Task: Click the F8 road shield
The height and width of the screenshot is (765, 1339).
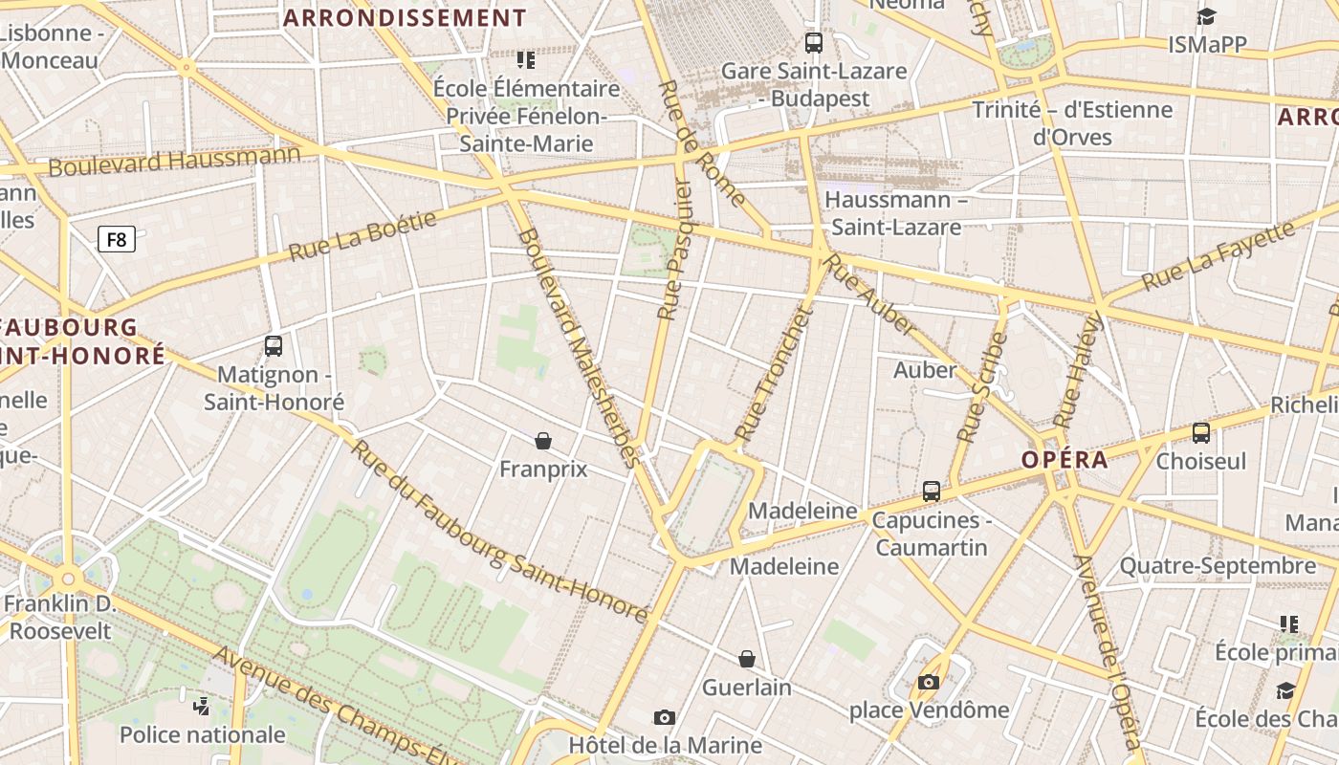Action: click(x=117, y=239)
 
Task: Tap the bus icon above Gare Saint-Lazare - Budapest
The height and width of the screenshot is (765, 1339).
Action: click(x=814, y=43)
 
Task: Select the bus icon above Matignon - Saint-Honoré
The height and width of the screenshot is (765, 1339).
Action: click(x=274, y=346)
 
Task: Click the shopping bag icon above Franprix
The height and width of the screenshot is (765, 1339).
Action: click(x=543, y=441)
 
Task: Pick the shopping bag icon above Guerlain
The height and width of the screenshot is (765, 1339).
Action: click(x=747, y=659)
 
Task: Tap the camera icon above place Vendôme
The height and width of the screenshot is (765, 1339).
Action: click(x=928, y=682)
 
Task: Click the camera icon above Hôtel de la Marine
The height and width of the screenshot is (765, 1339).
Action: click(x=664, y=717)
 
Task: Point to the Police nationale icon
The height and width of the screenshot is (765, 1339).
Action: click(x=201, y=707)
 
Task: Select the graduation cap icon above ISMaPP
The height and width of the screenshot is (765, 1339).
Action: click(x=1206, y=16)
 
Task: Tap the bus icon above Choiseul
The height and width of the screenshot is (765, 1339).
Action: click(x=1201, y=432)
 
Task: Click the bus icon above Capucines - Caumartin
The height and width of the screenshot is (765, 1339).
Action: click(x=932, y=492)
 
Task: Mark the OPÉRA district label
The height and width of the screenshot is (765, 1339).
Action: click(x=1065, y=460)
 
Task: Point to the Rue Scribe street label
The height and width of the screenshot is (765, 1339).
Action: click(x=982, y=386)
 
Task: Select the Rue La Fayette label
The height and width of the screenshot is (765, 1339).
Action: click(x=1219, y=255)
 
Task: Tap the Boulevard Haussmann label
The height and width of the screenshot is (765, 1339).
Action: click(x=174, y=160)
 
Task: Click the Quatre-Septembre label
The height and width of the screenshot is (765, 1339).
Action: click(x=1218, y=566)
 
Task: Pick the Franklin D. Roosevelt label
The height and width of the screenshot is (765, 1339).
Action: click(x=59, y=618)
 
